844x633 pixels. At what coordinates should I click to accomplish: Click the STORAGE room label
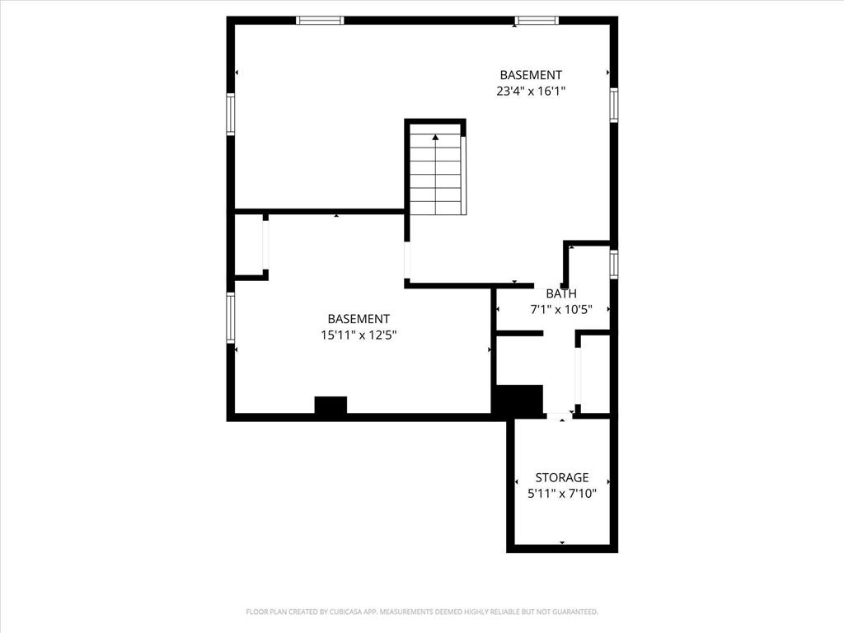(561, 477)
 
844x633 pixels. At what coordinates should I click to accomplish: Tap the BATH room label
(560, 293)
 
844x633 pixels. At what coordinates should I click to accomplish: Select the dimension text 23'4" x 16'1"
(531, 91)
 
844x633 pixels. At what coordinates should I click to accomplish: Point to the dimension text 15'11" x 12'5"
(359, 335)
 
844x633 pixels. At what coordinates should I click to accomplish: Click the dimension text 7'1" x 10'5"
(561, 310)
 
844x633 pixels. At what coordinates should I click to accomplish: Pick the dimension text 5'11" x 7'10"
(562, 494)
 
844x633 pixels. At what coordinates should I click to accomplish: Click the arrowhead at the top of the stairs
(435, 138)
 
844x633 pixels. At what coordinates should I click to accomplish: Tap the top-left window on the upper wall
(320, 21)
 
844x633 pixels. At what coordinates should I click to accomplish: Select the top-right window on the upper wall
(536, 21)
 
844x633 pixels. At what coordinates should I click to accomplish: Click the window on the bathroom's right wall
(613, 264)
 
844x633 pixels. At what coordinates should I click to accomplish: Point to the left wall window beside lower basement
(231, 317)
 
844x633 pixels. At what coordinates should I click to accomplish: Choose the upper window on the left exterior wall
(231, 114)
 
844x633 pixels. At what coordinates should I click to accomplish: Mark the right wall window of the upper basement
(613, 105)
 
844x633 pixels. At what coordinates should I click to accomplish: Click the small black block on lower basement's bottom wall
(331, 405)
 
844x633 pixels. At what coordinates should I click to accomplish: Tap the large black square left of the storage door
(518, 401)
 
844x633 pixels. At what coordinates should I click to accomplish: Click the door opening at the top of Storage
(560, 415)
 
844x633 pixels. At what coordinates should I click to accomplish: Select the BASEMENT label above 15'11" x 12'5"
(359, 319)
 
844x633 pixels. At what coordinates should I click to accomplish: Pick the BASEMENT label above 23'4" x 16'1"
(531, 75)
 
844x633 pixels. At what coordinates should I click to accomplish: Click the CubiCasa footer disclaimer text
(422, 612)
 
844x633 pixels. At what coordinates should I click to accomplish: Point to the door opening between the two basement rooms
(407, 260)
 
